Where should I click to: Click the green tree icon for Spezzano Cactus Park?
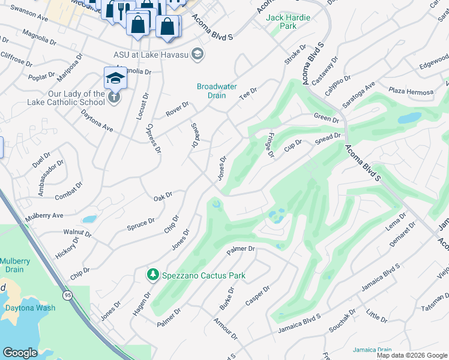click(x=153, y=275)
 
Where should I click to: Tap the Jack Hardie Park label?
click(x=288, y=22)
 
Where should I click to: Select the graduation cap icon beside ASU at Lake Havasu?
click(x=199, y=55)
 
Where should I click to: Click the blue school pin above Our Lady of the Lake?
click(x=115, y=77)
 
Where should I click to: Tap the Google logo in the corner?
click(x=20, y=353)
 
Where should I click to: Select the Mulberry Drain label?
click(x=14, y=266)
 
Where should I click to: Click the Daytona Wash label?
click(x=30, y=308)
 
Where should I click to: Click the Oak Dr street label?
click(x=163, y=196)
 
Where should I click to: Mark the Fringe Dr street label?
click(x=271, y=145)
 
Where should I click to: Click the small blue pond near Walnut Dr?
click(x=89, y=220)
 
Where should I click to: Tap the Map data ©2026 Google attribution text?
click(x=412, y=355)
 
